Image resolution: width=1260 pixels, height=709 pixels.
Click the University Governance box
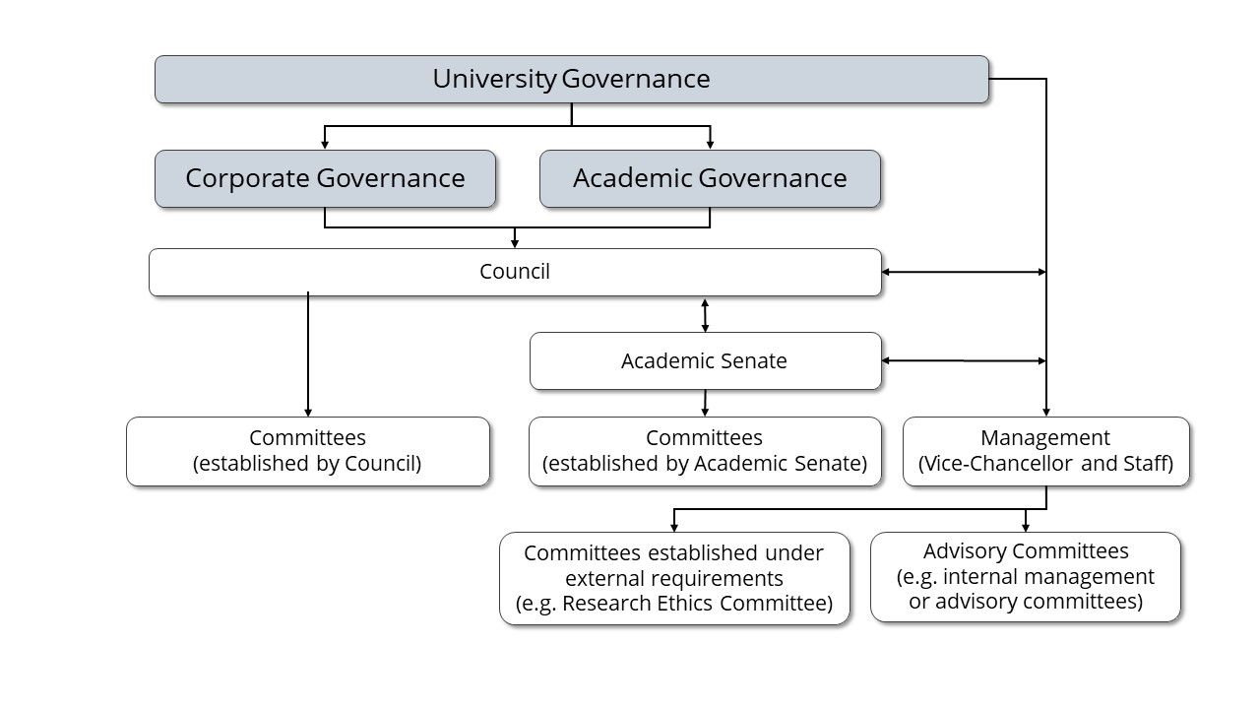571,79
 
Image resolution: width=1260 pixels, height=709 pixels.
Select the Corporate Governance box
325,178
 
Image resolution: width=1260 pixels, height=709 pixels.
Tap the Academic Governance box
710,178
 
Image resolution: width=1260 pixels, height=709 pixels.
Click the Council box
515,272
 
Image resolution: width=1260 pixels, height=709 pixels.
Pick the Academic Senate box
705,361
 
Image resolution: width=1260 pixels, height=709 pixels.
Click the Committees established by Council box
308,451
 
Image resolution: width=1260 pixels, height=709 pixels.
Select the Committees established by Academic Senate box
705,451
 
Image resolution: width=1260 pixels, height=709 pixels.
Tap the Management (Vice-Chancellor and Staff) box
1045,451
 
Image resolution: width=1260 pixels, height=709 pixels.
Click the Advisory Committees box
1026,577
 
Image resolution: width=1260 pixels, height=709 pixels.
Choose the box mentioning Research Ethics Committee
674,578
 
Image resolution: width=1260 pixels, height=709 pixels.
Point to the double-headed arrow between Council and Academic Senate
705,315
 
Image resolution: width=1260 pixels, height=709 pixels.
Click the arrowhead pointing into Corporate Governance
325,144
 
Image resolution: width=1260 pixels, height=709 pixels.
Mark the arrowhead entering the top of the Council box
515,242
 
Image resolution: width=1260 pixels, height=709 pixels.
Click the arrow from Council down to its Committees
308,354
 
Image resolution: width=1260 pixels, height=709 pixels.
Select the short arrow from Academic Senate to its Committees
705,403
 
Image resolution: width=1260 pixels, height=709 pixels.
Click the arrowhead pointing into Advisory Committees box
1026,527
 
